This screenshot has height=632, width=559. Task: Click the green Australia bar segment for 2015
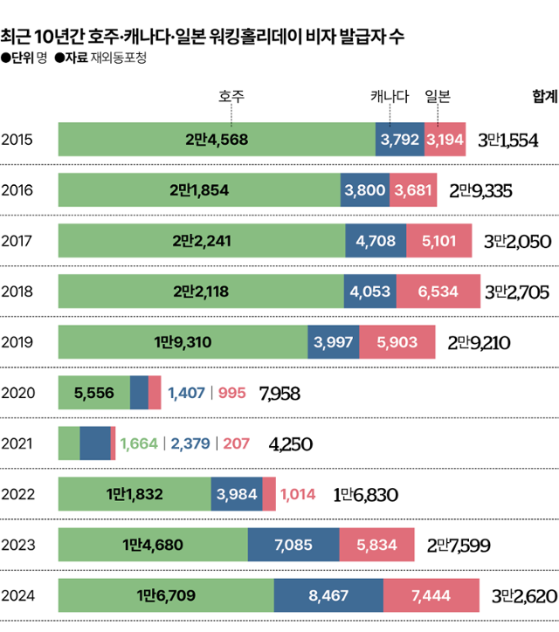217,140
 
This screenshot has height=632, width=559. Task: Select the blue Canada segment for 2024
328,596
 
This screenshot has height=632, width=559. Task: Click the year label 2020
19,393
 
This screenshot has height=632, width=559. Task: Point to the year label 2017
19,241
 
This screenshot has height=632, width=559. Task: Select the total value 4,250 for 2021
291,444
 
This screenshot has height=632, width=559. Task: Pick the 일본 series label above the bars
438,96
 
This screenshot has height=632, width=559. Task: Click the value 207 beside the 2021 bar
237,444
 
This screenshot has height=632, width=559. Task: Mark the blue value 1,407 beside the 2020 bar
185,394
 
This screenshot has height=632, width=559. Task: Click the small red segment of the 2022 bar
269,495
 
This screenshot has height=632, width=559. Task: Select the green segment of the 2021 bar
68,443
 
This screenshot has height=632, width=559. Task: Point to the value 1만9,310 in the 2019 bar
183,342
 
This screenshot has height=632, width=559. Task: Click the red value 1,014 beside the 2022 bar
300,495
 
